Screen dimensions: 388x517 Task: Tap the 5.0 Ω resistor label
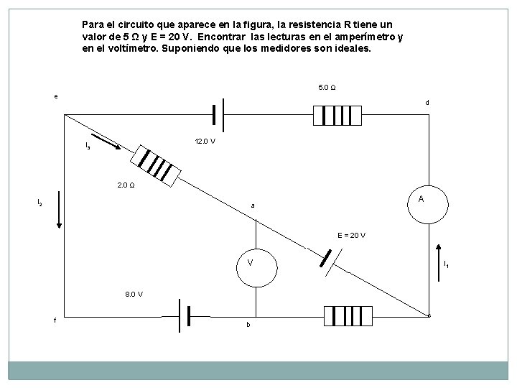[x=327, y=88]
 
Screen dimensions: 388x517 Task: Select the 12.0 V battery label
[x=205, y=141]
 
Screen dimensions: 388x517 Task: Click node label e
[x=56, y=96]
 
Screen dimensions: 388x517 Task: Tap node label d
[x=427, y=103]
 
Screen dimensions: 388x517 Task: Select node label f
[x=55, y=320]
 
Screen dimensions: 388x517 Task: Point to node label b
[x=248, y=325]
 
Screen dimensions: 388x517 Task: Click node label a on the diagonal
[x=252, y=206]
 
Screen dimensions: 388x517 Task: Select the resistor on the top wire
[x=335, y=114]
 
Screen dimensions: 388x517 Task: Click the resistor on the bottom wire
[x=348, y=315]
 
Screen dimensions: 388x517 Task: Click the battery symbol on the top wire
[x=218, y=114]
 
